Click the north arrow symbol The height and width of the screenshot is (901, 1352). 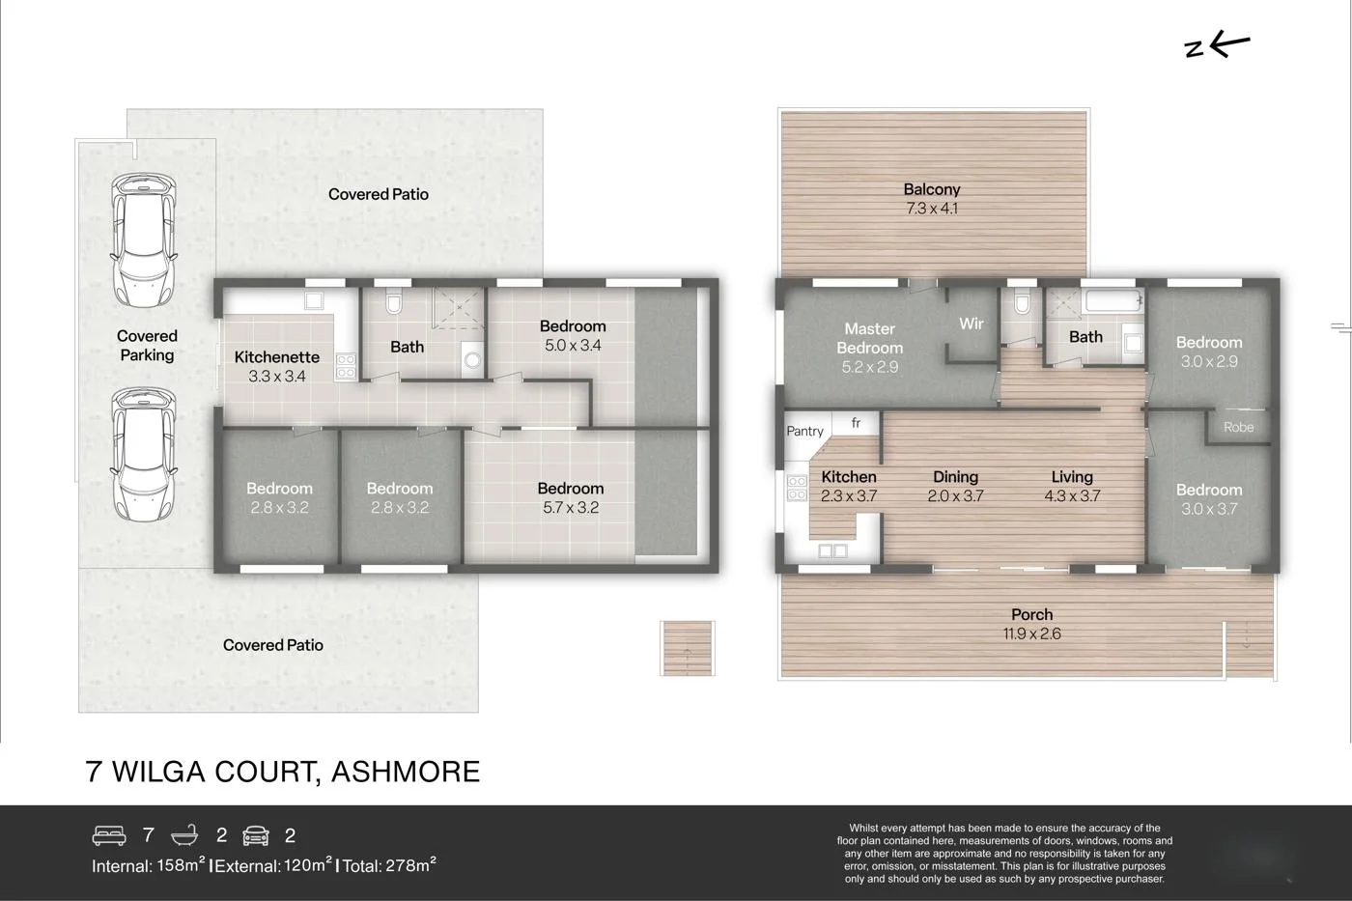click(x=1217, y=44)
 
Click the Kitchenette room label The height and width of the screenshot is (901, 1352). click(x=276, y=357)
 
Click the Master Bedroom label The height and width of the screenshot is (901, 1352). click(x=869, y=338)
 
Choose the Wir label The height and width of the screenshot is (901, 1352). click(x=971, y=324)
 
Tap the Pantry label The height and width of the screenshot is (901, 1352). click(x=804, y=432)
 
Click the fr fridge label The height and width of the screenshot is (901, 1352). click(x=856, y=423)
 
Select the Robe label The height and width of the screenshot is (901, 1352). click(x=1238, y=427)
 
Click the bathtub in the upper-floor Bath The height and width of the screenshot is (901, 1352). click(x=1113, y=300)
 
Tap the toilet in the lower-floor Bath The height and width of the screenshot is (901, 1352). click(x=393, y=304)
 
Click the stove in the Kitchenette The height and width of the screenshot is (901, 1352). click(x=345, y=365)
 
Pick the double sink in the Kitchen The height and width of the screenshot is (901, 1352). click(x=832, y=551)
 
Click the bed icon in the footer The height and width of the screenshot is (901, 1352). click(x=109, y=835)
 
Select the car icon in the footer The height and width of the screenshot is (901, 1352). click(x=256, y=835)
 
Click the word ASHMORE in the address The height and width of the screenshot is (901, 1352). click(x=405, y=772)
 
